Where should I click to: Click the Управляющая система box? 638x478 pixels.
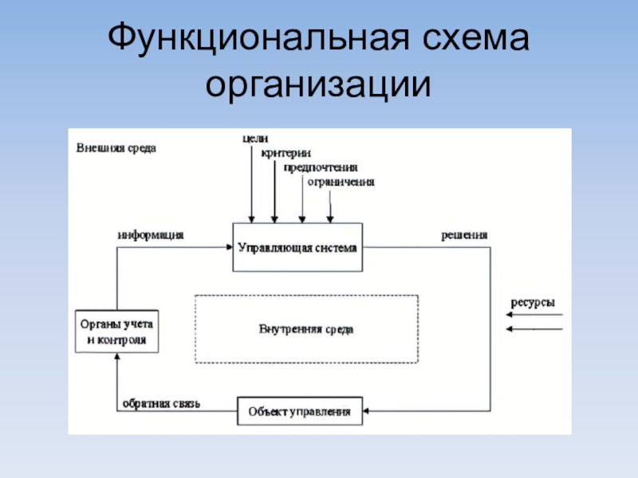[298, 247]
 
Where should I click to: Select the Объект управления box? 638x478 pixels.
[299, 411]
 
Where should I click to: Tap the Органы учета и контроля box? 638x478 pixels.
[116, 331]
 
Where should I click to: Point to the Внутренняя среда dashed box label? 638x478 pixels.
[306, 328]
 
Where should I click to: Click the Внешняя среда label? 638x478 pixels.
[116, 148]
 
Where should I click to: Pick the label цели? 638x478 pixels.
[254, 139]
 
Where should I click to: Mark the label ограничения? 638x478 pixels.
[341, 182]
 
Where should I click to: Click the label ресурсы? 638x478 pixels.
[532, 303]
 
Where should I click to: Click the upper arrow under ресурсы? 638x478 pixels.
[534, 316]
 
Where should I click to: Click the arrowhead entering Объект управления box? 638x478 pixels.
[366, 411]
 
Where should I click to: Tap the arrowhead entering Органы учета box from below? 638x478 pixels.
[116, 358]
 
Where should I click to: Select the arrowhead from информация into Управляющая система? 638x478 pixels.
[229, 247]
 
